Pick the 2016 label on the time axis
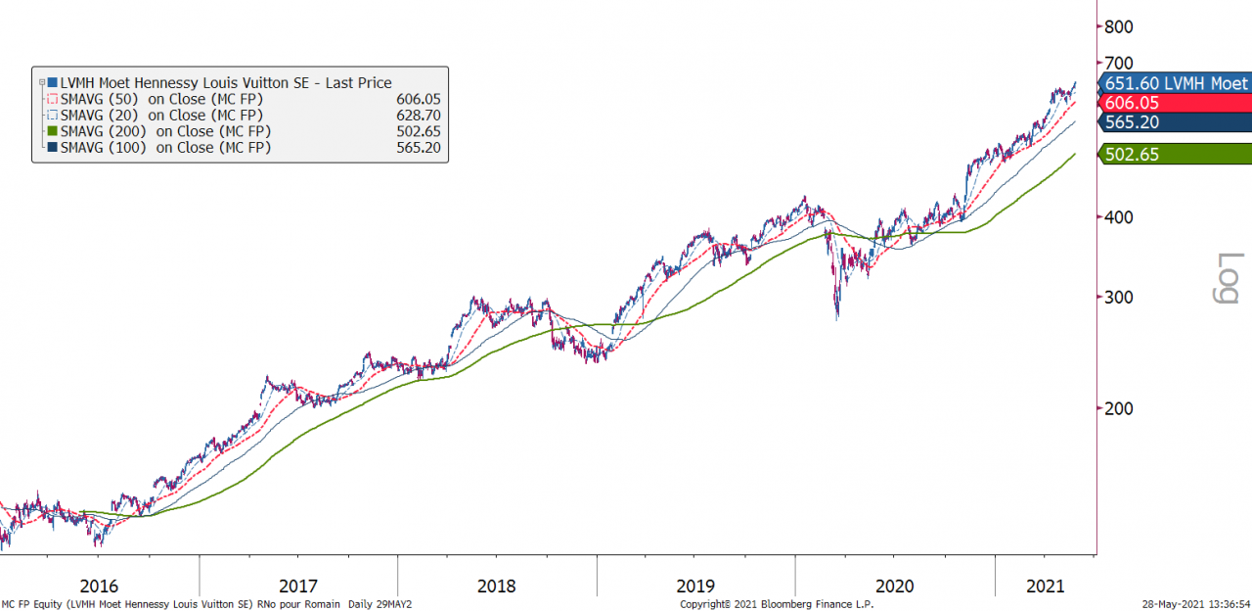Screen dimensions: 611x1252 click(x=99, y=586)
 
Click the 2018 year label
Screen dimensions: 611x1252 click(x=497, y=586)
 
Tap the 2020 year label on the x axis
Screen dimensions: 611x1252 click(x=894, y=586)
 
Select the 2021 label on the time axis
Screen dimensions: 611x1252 click(x=1045, y=586)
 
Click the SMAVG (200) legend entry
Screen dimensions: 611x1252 click(x=165, y=131)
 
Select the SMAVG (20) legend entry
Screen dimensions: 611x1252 click(x=161, y=116)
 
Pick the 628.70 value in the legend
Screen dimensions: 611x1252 click(x=419, y=116)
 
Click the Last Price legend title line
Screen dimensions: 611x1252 click(x=225, y=83)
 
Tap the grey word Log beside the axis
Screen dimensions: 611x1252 click(x=1227, y=279)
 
